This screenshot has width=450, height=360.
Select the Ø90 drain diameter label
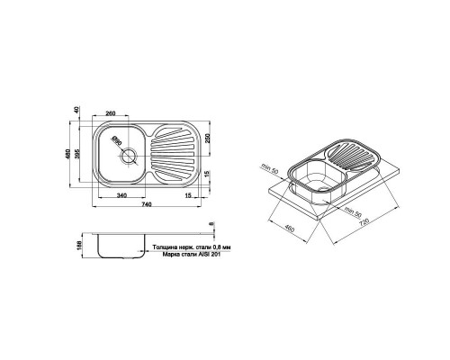pos(116,141)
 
